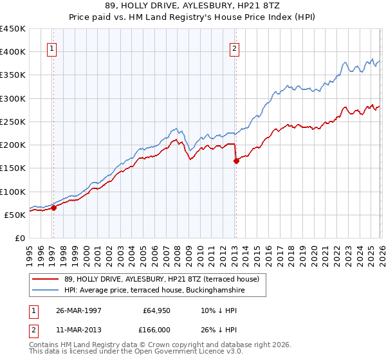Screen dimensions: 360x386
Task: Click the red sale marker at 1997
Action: click(x=54, y=208)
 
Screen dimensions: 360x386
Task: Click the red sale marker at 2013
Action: click(x=236, y=161)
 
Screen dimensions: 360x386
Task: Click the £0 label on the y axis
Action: click(x=20, y=238)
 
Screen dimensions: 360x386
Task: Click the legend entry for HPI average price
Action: click(x=154, y=291)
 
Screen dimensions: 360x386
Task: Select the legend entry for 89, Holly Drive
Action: click(x=161, y=279)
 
